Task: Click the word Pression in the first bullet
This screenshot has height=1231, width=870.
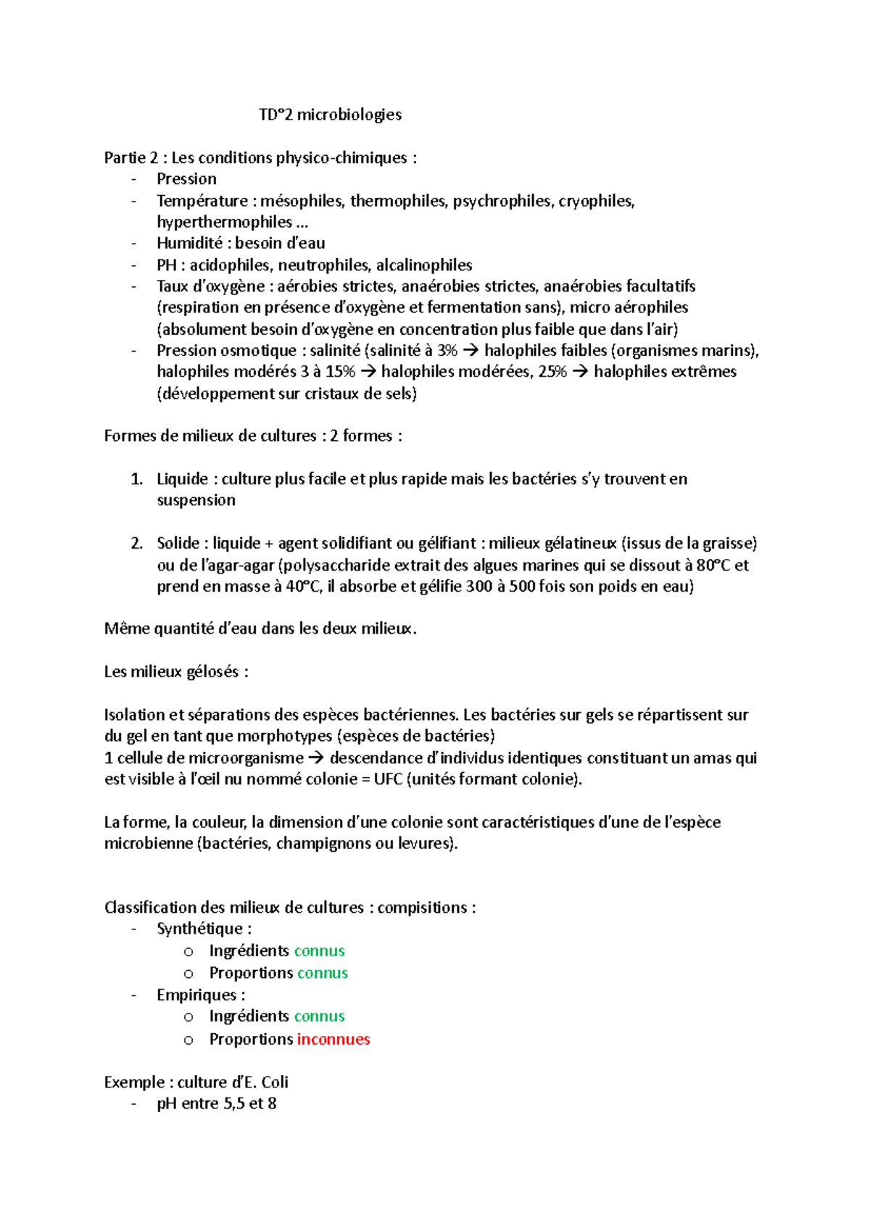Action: pyautogui.click(x=186, y=179)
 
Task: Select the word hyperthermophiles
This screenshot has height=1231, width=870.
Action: pyautogui.click(x=224, y=222)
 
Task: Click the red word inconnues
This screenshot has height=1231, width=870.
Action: pyautogui.click(x=333, y=1039)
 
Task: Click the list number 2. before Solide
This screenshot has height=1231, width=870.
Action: pyautogui.click(x=137, y=543)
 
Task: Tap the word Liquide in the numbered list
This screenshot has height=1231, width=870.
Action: pyautogui.click(x=182, y=479)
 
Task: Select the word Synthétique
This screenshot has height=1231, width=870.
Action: pyautogui.click(x=199, y=929)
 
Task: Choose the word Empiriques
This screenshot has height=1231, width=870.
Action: pyautogui.click(x=196, y=995)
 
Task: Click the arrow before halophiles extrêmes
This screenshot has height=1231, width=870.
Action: pyautogui.click(x=580, y=372)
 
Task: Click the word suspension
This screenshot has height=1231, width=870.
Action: pyautogui.click(x=196, y=500)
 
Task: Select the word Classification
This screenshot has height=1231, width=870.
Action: pyautogui.click(x=150, y=908)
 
